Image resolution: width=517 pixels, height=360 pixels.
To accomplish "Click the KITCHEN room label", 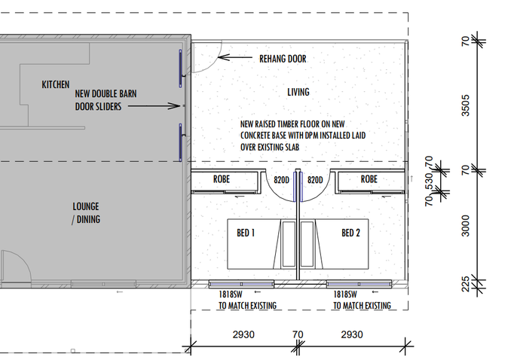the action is click(56, 84).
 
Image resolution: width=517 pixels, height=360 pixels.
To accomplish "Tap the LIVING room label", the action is click(298, 92).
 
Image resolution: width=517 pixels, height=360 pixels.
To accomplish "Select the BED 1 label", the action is click(246, 233).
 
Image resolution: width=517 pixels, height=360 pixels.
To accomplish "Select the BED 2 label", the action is click(350, 233).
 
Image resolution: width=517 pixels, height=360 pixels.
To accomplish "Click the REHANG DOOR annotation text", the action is click(283, 59).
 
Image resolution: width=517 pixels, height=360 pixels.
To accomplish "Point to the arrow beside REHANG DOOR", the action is click(235, 57).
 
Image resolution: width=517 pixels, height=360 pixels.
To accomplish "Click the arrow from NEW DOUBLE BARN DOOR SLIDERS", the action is click(154, 106).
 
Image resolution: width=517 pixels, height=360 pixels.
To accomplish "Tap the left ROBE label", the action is click(222, 179).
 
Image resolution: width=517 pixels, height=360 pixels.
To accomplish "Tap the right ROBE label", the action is click(369, 179).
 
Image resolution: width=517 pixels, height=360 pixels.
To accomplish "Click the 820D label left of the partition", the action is click(281, 180).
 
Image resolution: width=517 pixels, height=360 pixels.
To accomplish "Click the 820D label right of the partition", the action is click(315, 180).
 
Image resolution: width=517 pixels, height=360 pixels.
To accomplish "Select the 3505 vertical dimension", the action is click(465, 105).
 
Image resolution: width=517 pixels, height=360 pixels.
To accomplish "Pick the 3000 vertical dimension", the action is click(465, 226).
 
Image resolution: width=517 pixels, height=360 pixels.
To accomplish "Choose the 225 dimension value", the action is click(465, 284).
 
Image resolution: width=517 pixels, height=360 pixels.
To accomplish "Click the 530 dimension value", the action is click(429, 182).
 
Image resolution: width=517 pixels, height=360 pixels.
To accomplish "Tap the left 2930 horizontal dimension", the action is click(243, 334).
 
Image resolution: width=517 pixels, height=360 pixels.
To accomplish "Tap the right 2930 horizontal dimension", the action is click(352, 334).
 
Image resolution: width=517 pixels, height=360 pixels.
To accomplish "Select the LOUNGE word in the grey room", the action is click(86, 206).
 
